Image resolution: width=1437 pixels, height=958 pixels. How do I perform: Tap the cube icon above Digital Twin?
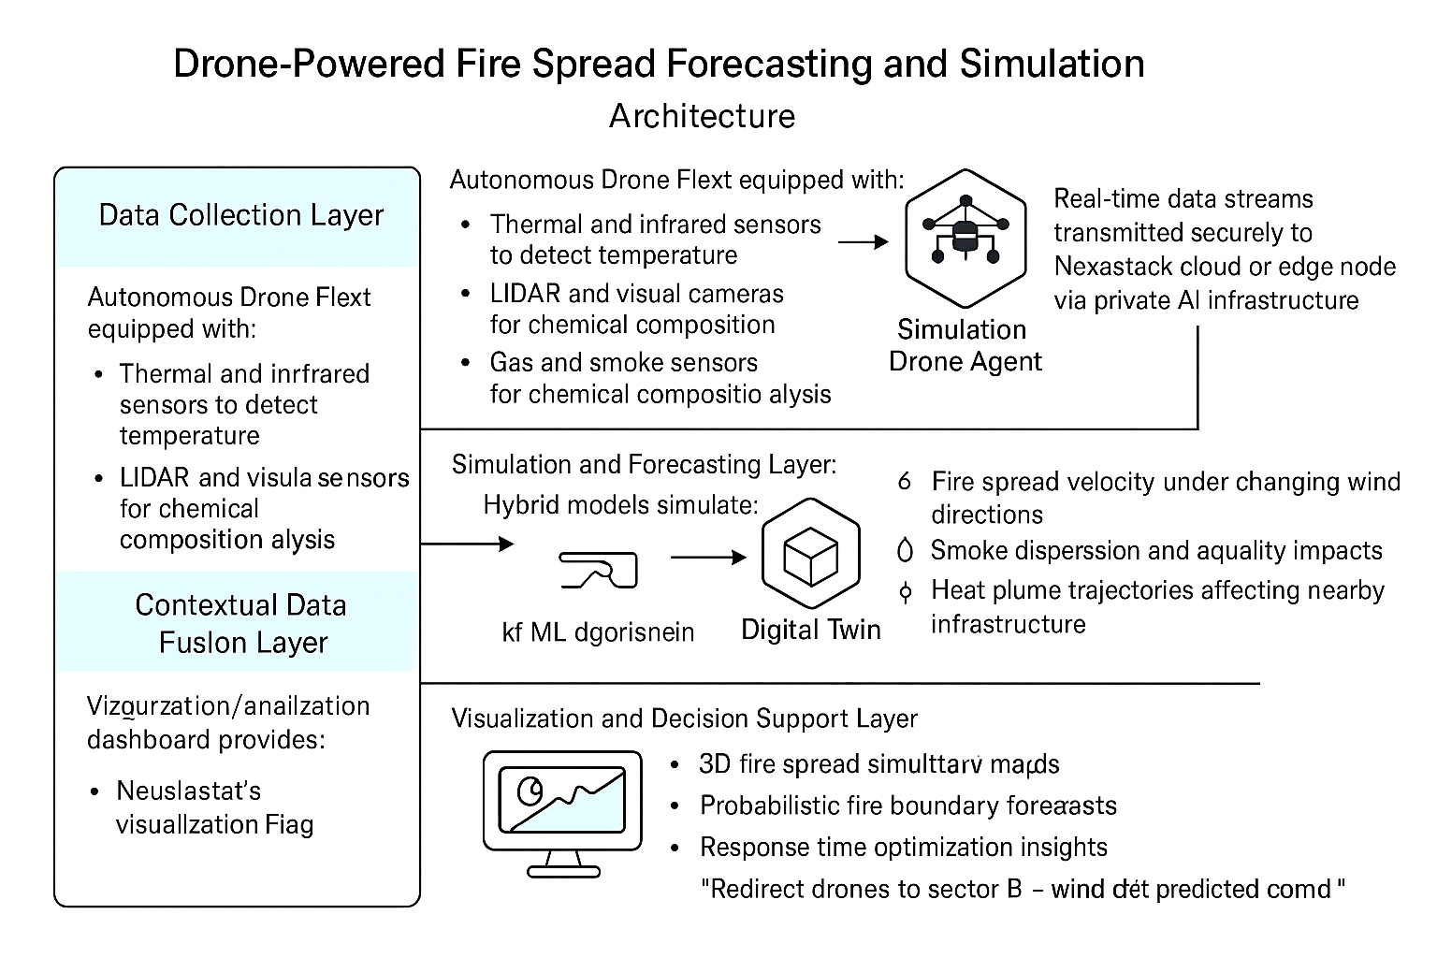(x=810, y=555)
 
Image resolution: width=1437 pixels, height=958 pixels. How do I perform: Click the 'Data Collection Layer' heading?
(x=241, y=215)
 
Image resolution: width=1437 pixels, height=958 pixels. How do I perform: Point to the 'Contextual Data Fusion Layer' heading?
(x=241, y=623)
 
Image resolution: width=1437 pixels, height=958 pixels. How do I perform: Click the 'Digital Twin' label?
(x=810, y=630)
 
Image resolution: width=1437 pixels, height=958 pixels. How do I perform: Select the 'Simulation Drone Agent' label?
(x=965, y=345)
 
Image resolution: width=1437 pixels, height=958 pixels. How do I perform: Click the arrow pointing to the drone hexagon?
(x=863, y=242)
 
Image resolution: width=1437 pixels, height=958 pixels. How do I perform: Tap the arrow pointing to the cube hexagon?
(x=708, y=558)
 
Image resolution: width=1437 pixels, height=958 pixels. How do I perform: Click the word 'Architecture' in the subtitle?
(x=702, y=116)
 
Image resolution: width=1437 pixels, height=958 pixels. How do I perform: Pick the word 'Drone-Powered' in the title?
(x=309, y=64)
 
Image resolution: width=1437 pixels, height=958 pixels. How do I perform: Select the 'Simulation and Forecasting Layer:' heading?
(x=644, y=465)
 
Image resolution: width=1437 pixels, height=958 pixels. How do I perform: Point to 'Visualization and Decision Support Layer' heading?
(x=684, y=718)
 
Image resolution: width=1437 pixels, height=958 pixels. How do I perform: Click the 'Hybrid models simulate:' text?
(x=620, y=505)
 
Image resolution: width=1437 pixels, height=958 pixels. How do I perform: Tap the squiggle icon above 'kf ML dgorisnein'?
(x=599, y=570)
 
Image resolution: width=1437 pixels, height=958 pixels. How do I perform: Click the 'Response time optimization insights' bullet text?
(x=903, y=848)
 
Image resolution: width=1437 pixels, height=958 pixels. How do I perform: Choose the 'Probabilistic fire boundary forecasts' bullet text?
(x=907, y=806)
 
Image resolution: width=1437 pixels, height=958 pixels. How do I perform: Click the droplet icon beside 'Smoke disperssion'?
(x=905, y=551)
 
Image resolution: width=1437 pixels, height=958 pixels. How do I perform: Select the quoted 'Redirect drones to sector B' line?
(x=1023, y=889)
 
